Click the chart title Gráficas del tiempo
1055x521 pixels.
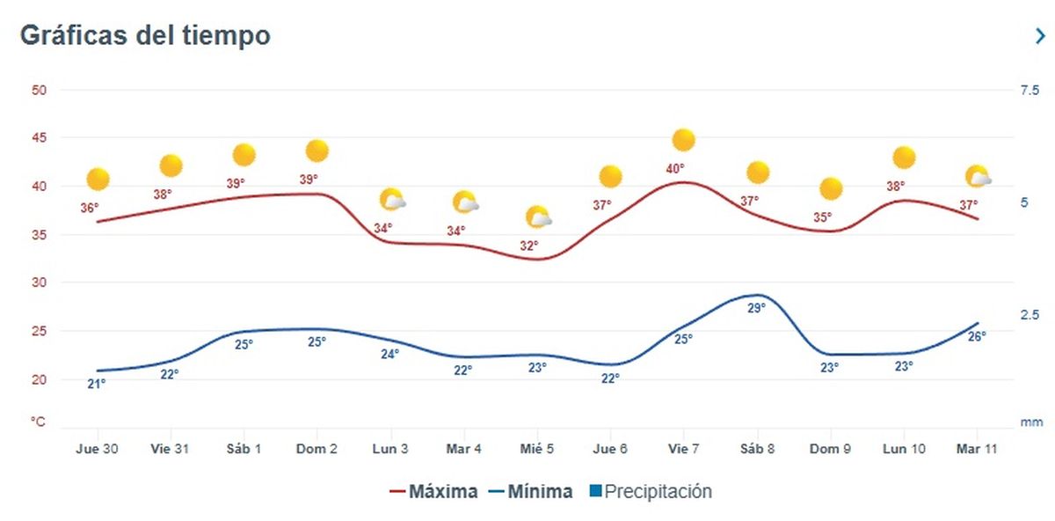click(145, 36)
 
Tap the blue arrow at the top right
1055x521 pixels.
click(1040, 36)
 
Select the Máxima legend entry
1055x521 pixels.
click(435, 491)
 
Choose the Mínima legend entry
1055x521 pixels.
click(530, 491)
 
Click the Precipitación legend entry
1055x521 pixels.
click(651, 491)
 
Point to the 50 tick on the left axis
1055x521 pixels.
click(39, 90)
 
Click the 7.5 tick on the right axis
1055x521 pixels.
click(1029, 90)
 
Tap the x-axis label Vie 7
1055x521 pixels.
click(683, 449)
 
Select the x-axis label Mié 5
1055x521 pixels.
click(536, 449)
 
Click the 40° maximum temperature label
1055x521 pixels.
click(675, 169)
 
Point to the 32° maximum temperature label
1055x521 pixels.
click(528, 246)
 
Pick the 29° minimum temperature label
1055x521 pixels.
click(756, 308)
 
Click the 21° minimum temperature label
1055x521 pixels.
click(97, 384)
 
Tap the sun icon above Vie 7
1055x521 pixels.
click(683, 140)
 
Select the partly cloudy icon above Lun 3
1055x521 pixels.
click(392, 200)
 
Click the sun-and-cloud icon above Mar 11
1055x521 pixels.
click(978, 177)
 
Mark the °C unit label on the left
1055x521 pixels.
click(38, 422)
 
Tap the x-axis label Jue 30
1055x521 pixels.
click(97, 449)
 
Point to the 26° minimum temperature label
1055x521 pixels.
click(977, 336)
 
